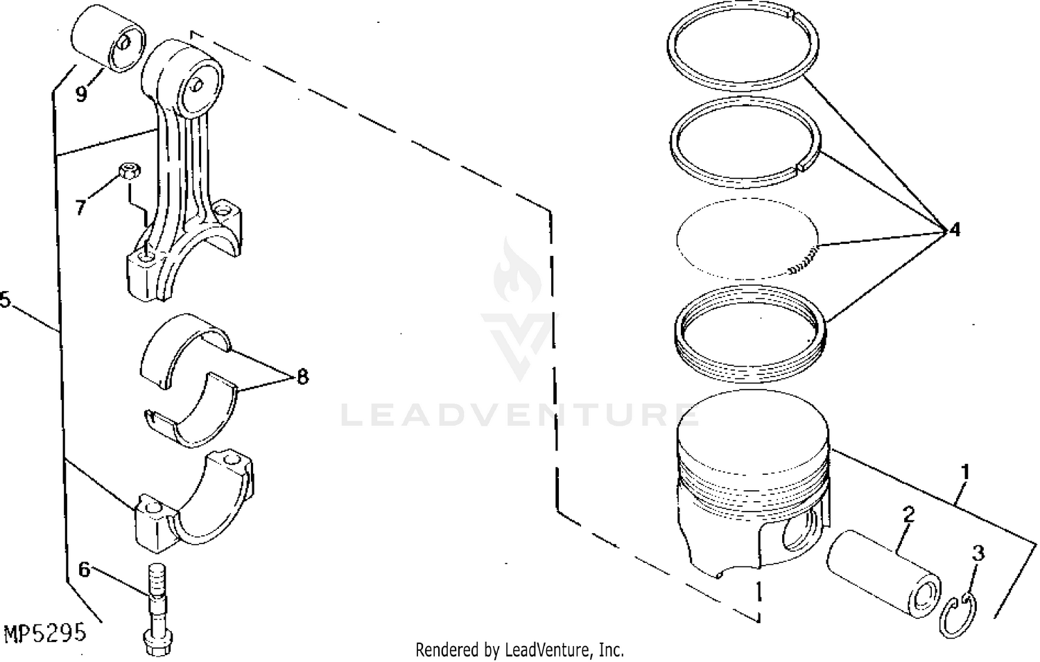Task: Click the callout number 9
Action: (81, 94)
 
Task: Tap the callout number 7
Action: (81, 207)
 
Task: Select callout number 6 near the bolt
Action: (84, 569)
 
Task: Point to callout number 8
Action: (302, 376)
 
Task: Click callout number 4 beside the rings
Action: (955, 229)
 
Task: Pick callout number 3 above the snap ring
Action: (978, 553)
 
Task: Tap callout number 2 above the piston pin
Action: (908, 514)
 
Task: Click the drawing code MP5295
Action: (45, 632)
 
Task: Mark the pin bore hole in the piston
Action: (799, 533)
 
